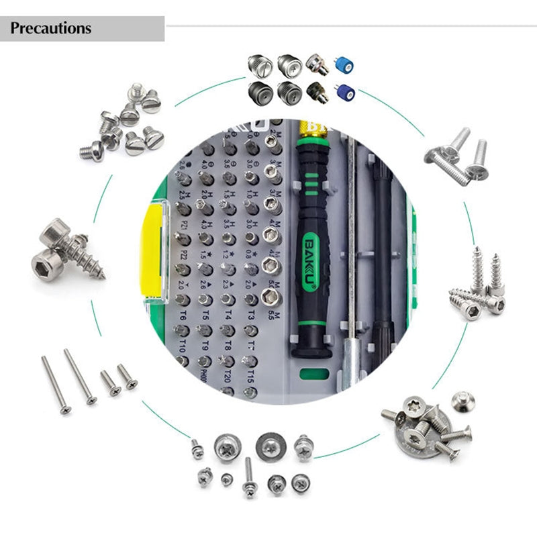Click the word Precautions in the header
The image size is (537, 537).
(x=51, y=29)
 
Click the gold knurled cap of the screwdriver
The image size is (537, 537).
(x=312, y=128)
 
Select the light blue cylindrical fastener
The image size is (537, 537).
(x=345, y=65)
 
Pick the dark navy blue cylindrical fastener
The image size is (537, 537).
(x=346, y=92)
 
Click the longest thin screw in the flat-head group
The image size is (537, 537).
(x=79, y=376)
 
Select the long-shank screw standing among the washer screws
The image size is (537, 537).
(x=248, y=478)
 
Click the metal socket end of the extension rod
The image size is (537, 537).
(x=351, y=368)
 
